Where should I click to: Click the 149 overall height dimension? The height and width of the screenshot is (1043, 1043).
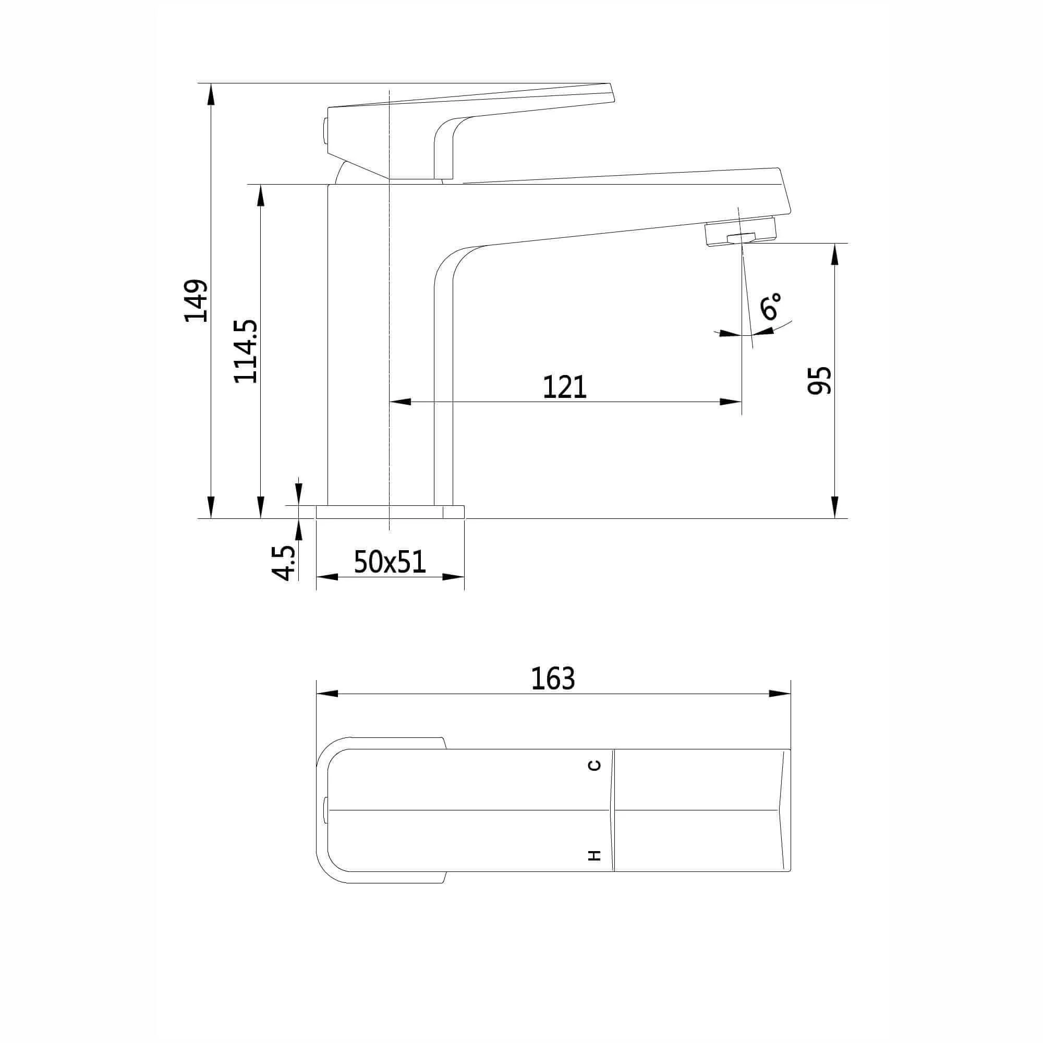(196, 301)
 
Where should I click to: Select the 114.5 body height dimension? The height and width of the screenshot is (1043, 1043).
(246, 351)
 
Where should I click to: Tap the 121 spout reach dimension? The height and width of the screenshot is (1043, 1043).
(564, 387)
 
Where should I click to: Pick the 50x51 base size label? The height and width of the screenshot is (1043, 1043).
(390, 562)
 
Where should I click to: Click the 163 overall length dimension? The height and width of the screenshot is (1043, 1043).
(553, 678)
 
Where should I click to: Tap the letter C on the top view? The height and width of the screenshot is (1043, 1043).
(595, 765)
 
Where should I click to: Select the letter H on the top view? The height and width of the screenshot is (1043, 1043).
(595, 855)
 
